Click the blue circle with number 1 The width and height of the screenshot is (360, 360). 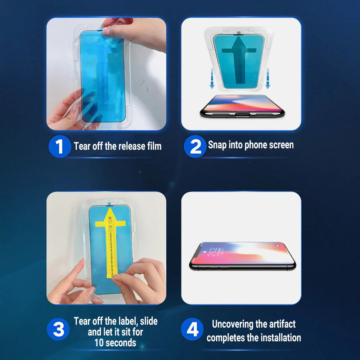(59, 147)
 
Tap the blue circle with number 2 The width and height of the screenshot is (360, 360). (195, 147)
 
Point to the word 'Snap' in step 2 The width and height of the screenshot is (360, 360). (217, 145)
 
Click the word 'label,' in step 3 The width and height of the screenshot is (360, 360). (126, 321)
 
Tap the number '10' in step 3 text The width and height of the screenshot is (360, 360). (99, 342)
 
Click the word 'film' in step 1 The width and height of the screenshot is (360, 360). (154, 146)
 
